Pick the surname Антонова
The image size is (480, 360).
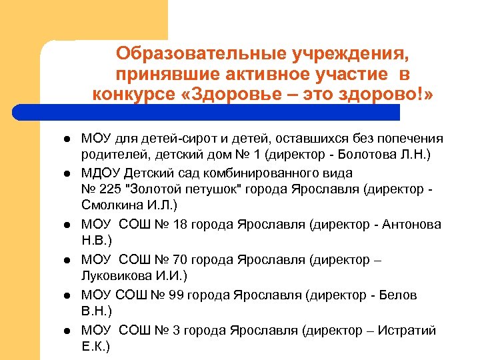pyautogui.click(x=415, y=225)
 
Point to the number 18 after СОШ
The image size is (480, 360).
pyautogui.click(x=180, y=225)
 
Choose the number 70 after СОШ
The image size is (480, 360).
pyautogui.click(x=180, y=259)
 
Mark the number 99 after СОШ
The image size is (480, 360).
pyautogui.click(x=177, y=294)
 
